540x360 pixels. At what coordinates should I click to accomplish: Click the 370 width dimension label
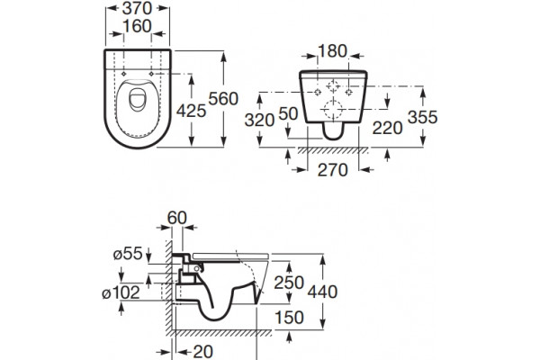137,8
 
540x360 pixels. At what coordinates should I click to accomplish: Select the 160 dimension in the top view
137,26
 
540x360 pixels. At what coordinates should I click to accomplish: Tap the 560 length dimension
223,99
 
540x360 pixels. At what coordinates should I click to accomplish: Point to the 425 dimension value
191,111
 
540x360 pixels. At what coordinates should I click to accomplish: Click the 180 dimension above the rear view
332,51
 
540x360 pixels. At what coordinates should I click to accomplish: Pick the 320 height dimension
259,121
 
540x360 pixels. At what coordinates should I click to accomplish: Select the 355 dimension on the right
423,117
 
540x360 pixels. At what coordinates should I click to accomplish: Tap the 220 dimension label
387,129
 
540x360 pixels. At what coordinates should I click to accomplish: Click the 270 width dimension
333,170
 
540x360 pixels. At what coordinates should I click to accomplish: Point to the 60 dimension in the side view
177,218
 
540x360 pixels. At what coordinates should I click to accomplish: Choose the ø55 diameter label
128,254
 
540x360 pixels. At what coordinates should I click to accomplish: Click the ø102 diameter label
121,292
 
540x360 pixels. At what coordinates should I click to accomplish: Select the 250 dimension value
289,283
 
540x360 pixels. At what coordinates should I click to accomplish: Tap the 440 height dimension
322,292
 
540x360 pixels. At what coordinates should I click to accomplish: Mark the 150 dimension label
289,318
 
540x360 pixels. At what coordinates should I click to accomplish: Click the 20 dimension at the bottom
202,352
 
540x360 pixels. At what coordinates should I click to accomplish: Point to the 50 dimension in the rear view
288,113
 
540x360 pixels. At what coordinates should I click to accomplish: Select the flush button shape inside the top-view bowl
138,100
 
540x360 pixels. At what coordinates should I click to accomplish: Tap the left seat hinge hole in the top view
124,74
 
